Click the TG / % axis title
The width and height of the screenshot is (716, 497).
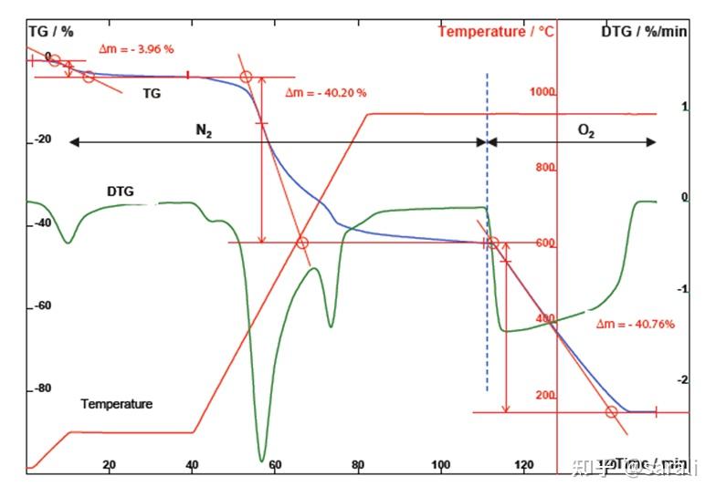(x=49, y=31)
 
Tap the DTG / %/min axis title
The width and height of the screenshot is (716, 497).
(x=644, y=31)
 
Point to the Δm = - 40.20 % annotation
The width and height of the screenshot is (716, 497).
(x=326, y=92)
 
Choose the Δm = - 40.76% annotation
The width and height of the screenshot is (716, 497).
(x=636, y=324)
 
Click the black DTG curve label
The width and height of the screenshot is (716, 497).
(x=120, y=192)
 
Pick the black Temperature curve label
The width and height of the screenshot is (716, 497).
(x=116, y=403)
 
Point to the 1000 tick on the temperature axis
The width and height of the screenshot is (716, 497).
(x=542, y=92)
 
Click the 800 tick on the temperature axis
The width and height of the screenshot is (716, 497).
(x=545, y=168)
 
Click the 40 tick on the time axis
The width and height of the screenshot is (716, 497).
(x=192, y=465)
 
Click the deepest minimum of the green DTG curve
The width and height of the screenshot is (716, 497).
(x=261, y=461)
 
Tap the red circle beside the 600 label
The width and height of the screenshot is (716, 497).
(x=492, y=243)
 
